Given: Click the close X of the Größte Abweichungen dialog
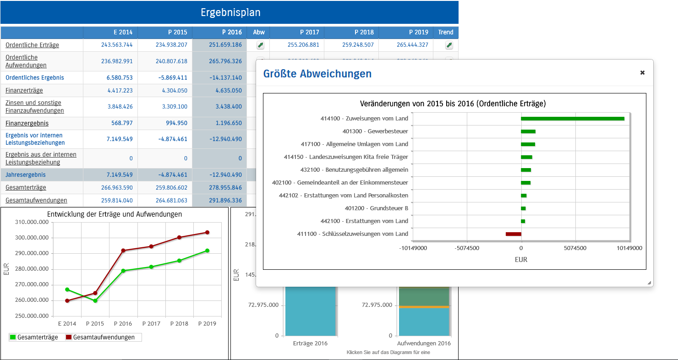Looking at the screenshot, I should click(x=642, y=72).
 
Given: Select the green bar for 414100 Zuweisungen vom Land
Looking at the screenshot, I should click(x=572, y=119).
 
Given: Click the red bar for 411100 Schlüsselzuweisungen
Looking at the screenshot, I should click(x=513, y=234).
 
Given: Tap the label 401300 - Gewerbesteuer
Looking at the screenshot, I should click(x=375, y=131).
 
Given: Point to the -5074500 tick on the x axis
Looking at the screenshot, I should click(x=467, y=248).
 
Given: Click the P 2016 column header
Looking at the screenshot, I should click(x=219, y=32).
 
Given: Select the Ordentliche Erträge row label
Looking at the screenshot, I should click(x=32, y=45).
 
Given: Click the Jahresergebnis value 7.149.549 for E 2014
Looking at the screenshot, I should click(x=120, y=175).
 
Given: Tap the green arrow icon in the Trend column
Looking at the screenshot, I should click(x=449, y=45).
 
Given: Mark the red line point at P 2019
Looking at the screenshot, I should click(x=207, y=232).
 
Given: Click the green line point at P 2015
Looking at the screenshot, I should click(x=95, y=300).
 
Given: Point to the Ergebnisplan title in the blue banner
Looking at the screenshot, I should click(x=230, y=12).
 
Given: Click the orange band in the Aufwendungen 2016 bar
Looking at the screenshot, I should click(x=423, y=307).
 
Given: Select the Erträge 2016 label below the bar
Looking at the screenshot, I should click(x=310, y=343).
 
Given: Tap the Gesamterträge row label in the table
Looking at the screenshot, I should click(x=26, y=187).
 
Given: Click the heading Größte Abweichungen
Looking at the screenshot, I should click(x=317, y=74).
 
